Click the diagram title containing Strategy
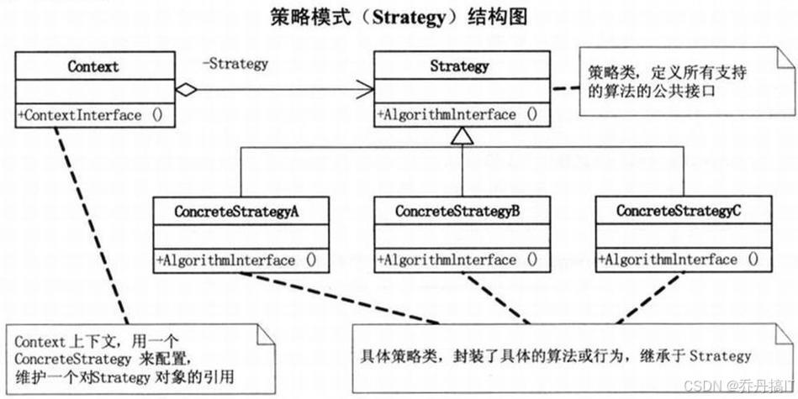[399, 17]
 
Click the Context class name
[93, 65]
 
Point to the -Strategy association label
[235, 63]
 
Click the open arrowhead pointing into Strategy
[367, 89]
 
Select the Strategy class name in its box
[458, 65]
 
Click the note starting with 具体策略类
[555, 356]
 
